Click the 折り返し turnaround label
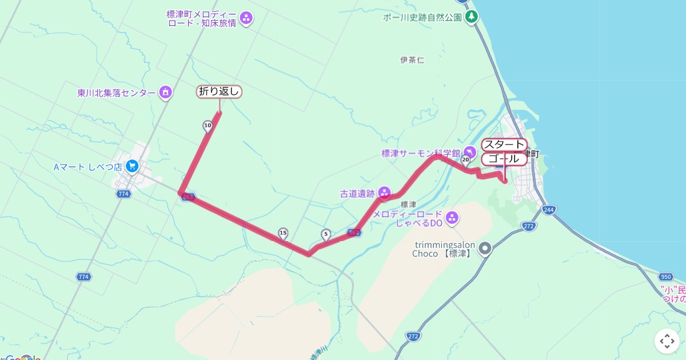coord(220,91)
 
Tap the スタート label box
coord(503,145)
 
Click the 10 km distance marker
coord(208,126)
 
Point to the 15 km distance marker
coord(283,233)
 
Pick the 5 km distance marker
coord(326,234)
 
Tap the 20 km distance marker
coord(465,159)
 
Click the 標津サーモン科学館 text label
coord(421,153)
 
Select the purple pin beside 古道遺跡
coord(384,193)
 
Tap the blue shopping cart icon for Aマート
coord(133,166)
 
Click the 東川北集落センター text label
coord(117,93)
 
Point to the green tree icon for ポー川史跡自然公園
coord(471,17)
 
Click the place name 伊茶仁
coord(412,60)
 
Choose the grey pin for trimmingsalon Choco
coord(485,248)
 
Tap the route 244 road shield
coord(549,210)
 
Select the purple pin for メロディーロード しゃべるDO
coord(452,218)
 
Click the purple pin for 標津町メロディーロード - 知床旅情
coord(246,18)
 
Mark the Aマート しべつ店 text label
coord(88,167)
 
